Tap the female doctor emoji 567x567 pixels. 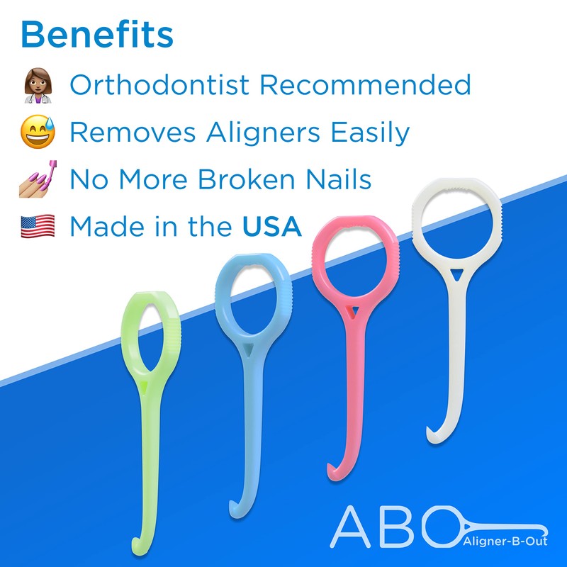38,86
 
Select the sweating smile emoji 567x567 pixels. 38,133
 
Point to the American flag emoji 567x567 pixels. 38,227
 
